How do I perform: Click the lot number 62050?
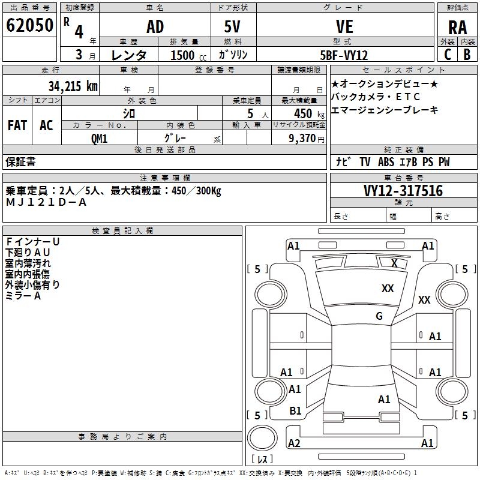click(x=30, y=26)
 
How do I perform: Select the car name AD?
click(x=155, y=27)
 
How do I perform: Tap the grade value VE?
click(x=345, y=27)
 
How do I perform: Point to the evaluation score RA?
click(x=457, y=27)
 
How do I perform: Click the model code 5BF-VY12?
click(x=344, y=55)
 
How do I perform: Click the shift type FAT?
click(x=17, y=125)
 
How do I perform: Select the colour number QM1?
click(x=99, y=138)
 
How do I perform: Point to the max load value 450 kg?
click(x=302, y=113)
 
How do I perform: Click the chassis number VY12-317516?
click(x=403, y=191)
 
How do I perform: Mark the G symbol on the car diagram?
click(x=379, y=316)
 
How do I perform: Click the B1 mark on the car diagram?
click(x=295, y=411)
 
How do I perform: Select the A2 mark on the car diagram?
click(x=294, y=443)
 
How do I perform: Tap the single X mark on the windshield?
click(x=394, y=263)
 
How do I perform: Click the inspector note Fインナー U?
click(x=32, y=242)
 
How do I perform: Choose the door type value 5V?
click(x=233, y=27)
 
